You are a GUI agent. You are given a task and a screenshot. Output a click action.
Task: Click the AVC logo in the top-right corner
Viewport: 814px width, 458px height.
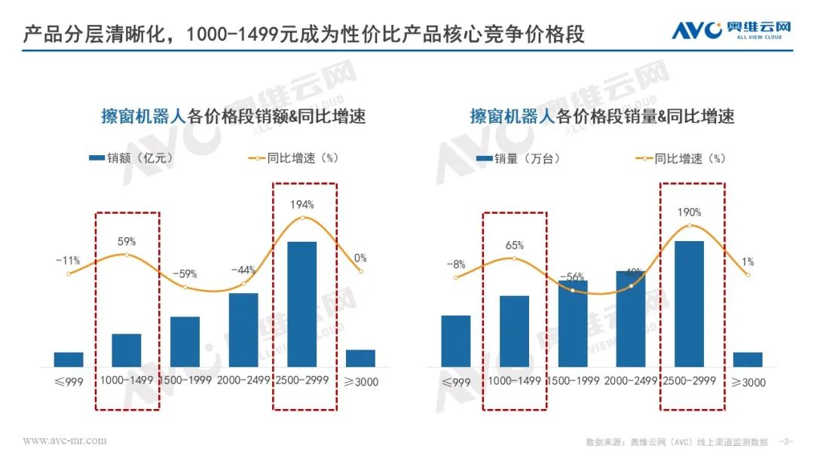coord(731,29)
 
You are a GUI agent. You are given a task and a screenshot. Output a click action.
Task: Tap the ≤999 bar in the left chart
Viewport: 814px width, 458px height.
coord(69,359)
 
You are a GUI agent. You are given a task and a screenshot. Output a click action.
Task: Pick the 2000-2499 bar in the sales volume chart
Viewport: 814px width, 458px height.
coord(631,319)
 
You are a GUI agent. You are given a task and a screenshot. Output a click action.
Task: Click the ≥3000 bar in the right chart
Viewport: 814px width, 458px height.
coord(748,359)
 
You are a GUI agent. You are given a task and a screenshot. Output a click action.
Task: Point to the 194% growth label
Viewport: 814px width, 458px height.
coord(301,204)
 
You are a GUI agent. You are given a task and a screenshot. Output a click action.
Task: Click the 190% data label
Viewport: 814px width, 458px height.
coord(688,212)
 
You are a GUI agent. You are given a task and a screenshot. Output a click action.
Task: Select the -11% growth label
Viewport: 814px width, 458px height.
coord(68,261)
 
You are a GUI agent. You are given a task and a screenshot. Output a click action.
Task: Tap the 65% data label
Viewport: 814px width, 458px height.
coord(515,245)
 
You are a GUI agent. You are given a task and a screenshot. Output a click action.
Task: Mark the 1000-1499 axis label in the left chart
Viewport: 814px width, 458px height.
coord(127,380)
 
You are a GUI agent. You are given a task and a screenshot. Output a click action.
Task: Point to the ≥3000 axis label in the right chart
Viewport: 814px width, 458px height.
coord(748,383)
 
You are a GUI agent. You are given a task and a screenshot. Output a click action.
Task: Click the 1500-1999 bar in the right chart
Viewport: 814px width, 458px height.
coord(573,324)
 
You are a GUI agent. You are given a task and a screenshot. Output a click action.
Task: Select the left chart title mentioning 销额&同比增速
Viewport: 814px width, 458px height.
coord(233,116)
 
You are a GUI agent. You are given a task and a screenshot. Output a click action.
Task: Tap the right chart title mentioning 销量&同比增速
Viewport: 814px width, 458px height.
coord(602,116)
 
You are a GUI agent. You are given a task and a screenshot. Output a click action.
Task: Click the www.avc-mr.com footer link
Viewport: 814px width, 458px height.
coord(64,440)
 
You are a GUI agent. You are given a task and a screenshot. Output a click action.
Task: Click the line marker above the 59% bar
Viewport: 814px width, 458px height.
coord(127,255)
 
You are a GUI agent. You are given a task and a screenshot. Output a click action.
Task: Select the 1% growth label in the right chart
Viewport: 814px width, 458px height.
coord(748,262)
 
